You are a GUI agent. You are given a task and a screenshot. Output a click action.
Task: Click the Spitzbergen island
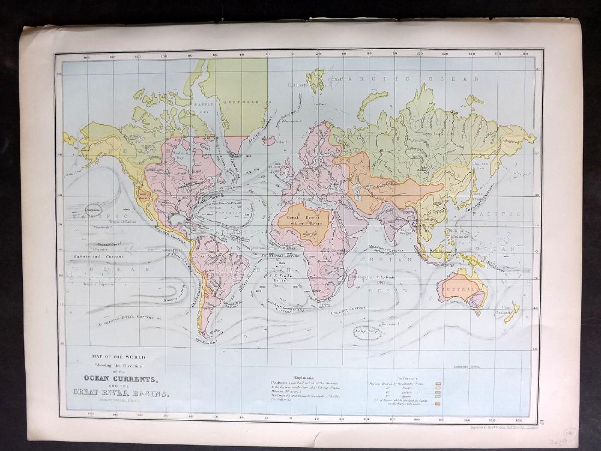(x=316, y=79)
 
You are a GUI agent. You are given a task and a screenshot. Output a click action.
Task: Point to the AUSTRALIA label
(x=458, y=289)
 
